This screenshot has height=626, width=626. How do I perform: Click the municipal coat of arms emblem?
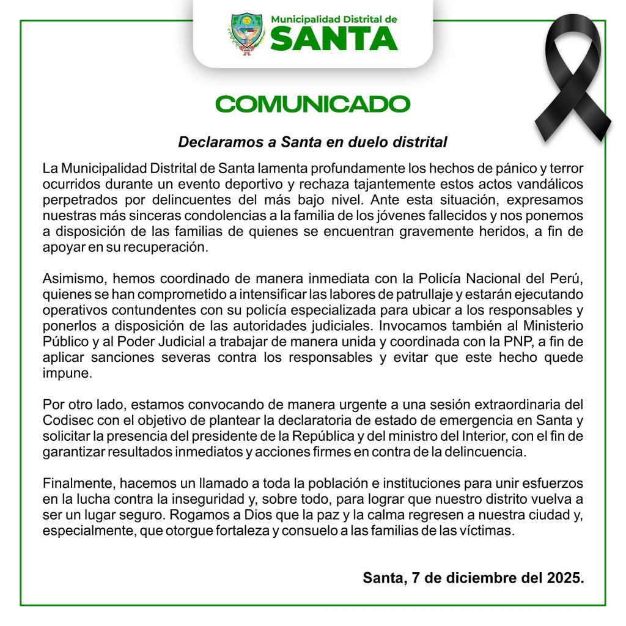247,34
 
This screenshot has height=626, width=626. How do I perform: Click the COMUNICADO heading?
312,104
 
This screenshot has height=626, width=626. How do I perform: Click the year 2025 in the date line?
565,578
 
